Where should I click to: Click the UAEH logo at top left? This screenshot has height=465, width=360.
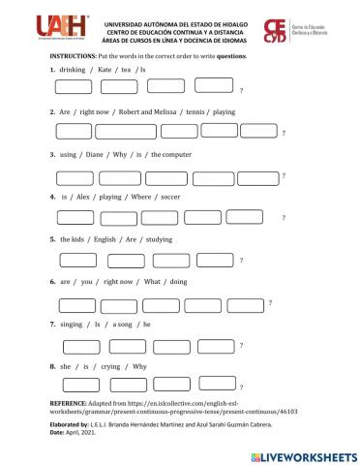point(39,30)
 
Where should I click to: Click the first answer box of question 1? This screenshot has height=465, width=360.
point(75,87)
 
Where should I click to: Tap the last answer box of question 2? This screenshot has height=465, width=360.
point(258,131)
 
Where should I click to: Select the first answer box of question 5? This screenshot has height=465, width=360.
point(78,259)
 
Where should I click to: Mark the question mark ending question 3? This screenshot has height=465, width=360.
point(283,174)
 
